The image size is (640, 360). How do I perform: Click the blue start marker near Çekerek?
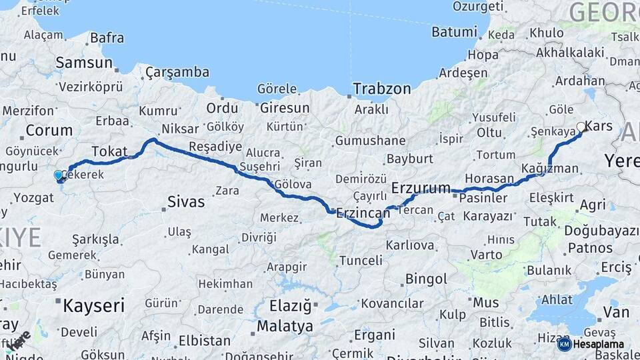tap(59, 175)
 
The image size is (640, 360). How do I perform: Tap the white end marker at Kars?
tap(581, 127)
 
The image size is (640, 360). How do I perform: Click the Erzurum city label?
tap(421, 188)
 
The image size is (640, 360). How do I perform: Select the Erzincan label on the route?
tap(363, 213)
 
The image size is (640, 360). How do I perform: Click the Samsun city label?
tap(84, 63)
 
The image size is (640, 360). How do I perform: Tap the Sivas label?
tap(186, 201)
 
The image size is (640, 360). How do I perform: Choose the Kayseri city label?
tap(93, 306)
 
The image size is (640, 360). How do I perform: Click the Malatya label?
tap(285, 327)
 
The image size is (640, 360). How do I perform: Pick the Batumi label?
tap(454, 32)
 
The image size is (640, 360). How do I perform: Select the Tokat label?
tap(109, 151)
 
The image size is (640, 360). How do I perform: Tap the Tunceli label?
tap(361, 260)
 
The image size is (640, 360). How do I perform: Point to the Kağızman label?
tap(550, 168)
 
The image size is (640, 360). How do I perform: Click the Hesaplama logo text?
tap(598, 344)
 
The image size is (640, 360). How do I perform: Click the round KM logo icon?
tap(564, 344)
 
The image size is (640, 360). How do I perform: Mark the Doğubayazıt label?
tap(601, 230)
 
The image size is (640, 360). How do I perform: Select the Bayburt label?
tap(410, 159)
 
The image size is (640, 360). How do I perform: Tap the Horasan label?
tap(489, 179)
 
